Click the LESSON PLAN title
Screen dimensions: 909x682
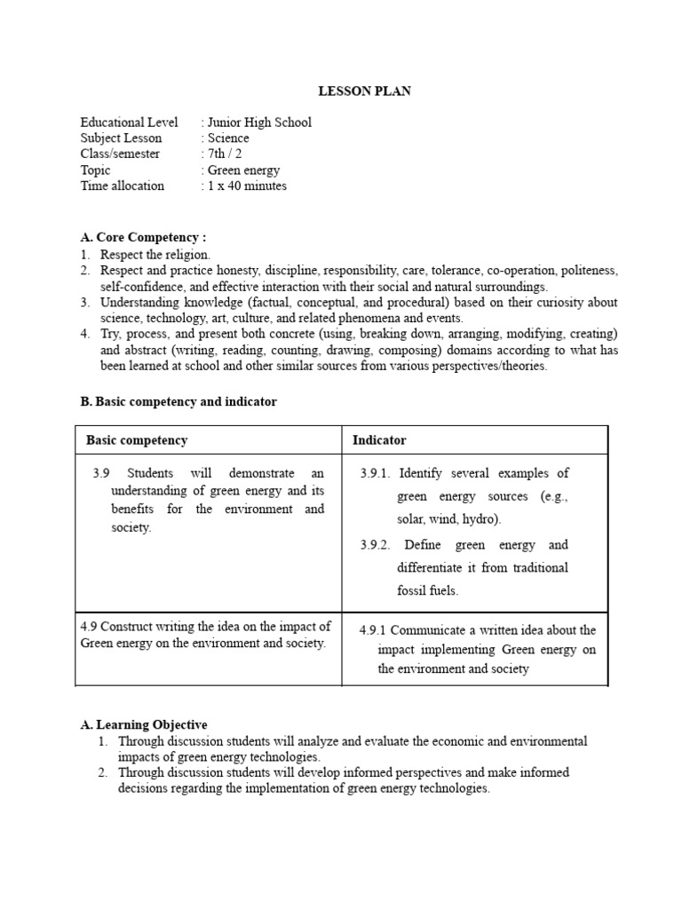click(x=365, y=91)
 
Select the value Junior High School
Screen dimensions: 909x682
click(x=259, y=123)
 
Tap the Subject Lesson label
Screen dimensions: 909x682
click(x=121, y=138)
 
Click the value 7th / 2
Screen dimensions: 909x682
click(x=225, y=154)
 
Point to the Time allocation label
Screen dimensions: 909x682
click(x=123, y=186)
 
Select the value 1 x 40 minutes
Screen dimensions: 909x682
click(x=247, y=186)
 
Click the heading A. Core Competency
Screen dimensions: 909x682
click(x=143, y=238)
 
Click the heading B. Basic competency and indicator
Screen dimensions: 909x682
click(x=178, y=402)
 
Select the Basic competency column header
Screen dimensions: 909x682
click(x=137, y=440)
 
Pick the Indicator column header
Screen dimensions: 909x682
click(x=379, y=440)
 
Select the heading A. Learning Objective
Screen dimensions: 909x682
click(x=144, y=725)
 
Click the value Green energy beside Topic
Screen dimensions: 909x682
click(x=243, y=170)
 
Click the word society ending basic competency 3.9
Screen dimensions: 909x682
click(x=131, y=527)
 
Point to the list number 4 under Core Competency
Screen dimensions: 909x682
click(x=85, y=334)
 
